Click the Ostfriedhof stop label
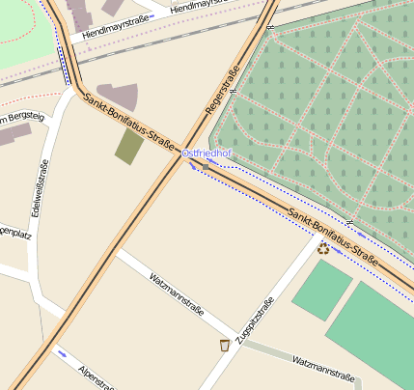[x=207, y=153]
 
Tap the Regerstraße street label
[x=222, y=98]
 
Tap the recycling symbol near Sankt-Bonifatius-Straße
[x=322, y=248]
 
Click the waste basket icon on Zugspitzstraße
[x=225, y=345]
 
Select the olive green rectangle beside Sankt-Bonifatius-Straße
[x=129, y=146]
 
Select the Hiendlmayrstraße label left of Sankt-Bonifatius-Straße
[x=115, y=31]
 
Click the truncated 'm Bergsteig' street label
[x=22, y=118]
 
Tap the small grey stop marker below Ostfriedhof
[x=206, y=166]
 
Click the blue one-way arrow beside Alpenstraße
[x=63, y=353]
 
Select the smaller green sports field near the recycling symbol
[x=322, y=290]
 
